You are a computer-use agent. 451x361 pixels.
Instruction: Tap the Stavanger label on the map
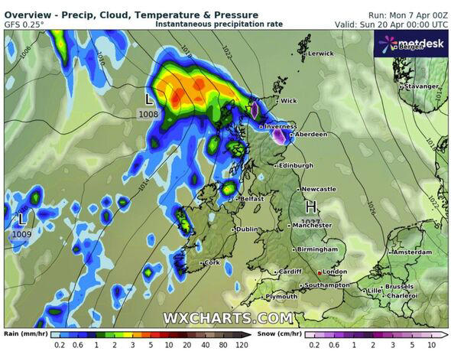pos(420,86)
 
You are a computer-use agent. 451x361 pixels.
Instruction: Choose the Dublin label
pos(246,229)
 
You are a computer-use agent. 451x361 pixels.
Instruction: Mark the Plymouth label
pos(281,297)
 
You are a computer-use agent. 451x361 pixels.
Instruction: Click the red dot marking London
pos(320,272)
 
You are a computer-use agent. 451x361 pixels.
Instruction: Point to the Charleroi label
pos(402,295)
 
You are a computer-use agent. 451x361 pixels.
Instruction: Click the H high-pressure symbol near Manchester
pos(311,207)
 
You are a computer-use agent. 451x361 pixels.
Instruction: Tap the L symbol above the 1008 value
pos(149,99)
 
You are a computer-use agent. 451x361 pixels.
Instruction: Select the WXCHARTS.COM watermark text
pos(227,317)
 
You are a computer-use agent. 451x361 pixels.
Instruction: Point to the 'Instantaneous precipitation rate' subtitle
pos(219,24)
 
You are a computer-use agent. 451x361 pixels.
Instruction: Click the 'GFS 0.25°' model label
pos(24,24)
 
